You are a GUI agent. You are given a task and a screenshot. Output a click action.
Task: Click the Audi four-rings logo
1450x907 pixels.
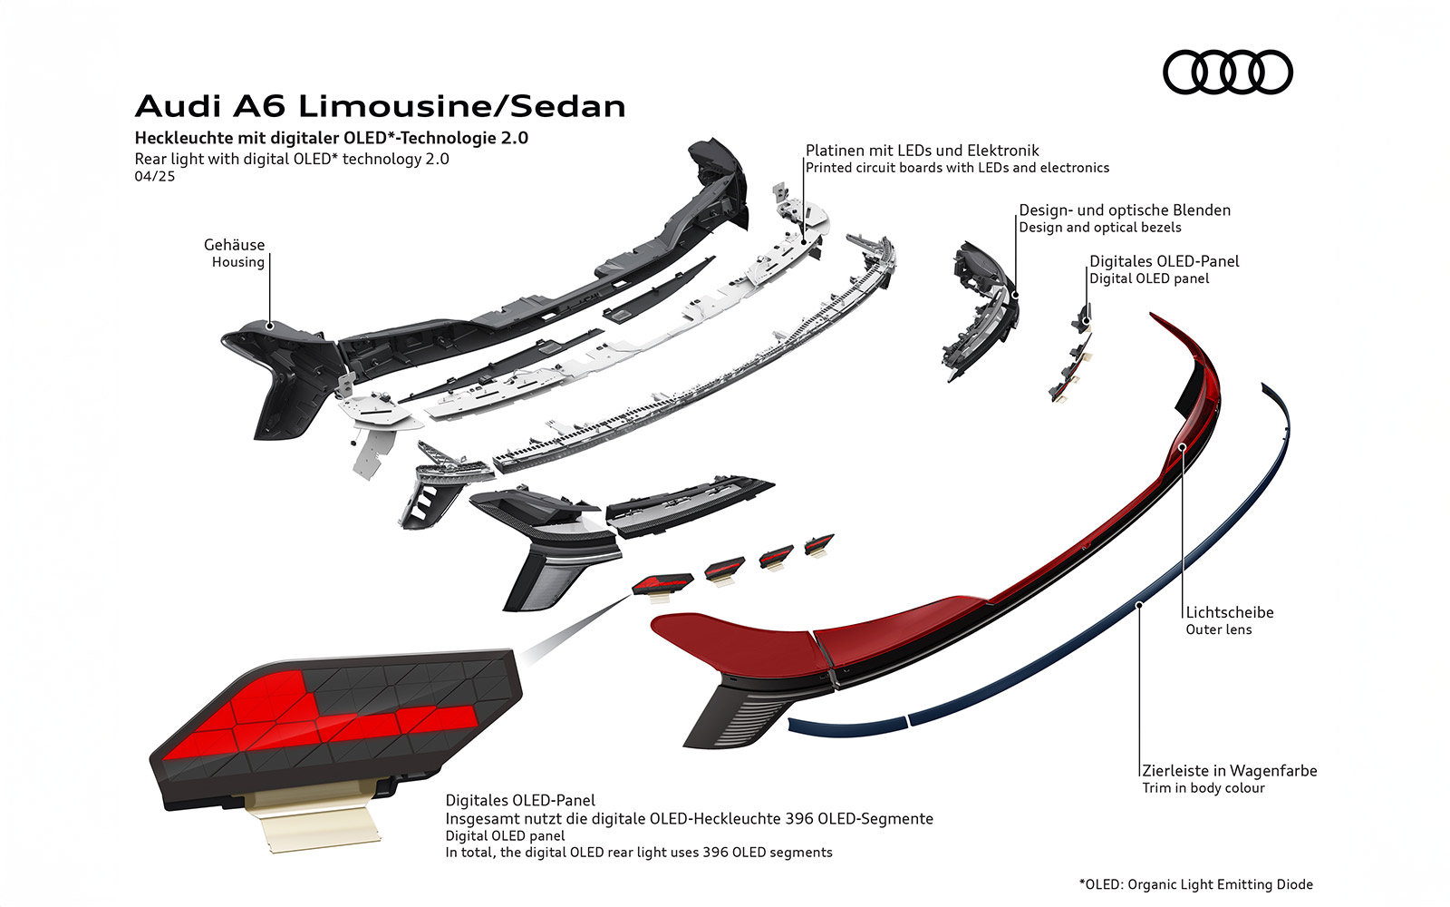coord(1227,72)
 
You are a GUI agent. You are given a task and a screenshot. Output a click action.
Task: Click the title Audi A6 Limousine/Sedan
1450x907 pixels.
coord(380,106)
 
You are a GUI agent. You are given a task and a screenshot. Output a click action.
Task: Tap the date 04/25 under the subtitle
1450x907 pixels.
coord(154,176)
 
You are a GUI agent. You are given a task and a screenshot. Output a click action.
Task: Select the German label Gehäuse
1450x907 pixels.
coord(234,245)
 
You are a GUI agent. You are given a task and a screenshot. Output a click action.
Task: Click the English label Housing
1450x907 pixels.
coord(237,262)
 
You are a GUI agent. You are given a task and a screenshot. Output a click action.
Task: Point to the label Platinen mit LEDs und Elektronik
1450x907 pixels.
coord(922,151)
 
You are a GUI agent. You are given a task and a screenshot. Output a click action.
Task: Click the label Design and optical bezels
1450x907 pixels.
coord(1099,228)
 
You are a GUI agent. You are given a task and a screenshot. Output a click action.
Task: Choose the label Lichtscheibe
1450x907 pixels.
coord(1229,612)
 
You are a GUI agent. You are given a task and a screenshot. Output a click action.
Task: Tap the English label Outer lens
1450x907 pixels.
coord(1218,629)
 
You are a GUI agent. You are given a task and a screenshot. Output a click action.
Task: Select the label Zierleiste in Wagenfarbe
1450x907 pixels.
coord(1229,771)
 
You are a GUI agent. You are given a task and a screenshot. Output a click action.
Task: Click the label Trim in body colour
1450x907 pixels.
coord(1203,788)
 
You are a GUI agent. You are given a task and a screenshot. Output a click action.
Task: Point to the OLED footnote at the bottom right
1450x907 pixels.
coord(1195,884)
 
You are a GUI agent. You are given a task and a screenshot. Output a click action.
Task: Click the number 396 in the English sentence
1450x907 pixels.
coord(715,853)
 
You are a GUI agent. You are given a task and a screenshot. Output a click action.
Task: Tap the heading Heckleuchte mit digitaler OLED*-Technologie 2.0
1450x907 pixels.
coord(331,138)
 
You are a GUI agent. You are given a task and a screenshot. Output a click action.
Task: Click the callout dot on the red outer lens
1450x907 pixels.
coord(1182,446)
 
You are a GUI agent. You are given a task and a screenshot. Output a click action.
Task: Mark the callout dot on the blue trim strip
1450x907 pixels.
coord(1139,602)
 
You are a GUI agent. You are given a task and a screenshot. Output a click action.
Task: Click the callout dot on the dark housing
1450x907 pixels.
coord(269,324)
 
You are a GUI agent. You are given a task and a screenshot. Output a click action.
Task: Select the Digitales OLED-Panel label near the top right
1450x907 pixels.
coord(1164,261)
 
